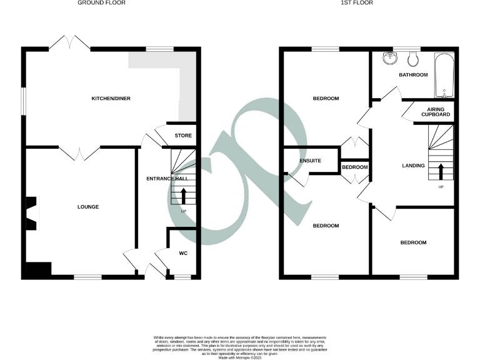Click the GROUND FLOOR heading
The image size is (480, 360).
[x=101, y=3]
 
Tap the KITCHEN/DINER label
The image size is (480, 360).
[x=111, y=99]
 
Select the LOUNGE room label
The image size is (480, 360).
[x=88, y=207]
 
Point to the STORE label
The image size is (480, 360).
[x=183, y=136]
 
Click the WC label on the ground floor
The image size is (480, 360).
[x=183, y=253]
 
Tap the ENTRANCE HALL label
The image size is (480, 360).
[x=167, y=179]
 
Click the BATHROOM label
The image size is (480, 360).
[x=413, y=75]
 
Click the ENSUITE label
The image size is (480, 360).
[x=311, y=161]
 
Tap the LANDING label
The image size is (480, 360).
[x=413, y=166]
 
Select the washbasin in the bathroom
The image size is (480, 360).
[x=391, y=59]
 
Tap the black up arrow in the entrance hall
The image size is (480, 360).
[x=184, y=196]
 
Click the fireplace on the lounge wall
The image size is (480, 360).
[x=31, y=213]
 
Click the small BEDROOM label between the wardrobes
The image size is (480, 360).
[x=354, y=167]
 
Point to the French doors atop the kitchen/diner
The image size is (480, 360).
[x=69, y=42]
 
